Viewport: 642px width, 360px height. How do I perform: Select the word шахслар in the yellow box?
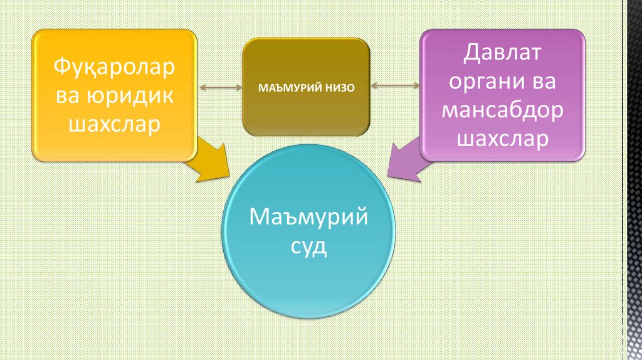[115, 124]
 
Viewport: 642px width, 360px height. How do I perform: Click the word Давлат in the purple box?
[502, 53]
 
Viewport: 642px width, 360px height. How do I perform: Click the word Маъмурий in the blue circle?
[308, 218]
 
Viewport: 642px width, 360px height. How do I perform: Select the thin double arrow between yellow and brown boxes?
[220, 87]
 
